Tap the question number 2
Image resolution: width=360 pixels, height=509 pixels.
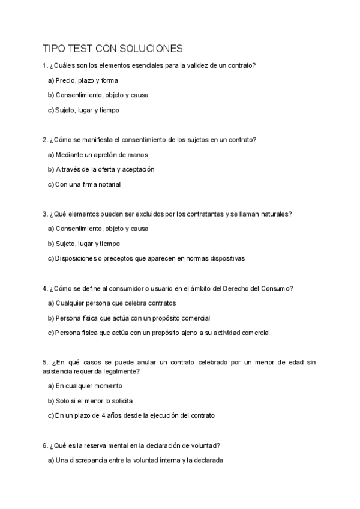(44, 140)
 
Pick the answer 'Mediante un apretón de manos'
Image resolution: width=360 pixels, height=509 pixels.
(97, 154)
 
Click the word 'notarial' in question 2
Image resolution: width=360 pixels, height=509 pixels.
(109, 184)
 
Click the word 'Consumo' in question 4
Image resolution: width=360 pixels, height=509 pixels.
(277, 288)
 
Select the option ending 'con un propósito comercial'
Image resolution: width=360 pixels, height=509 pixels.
(128, 318)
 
